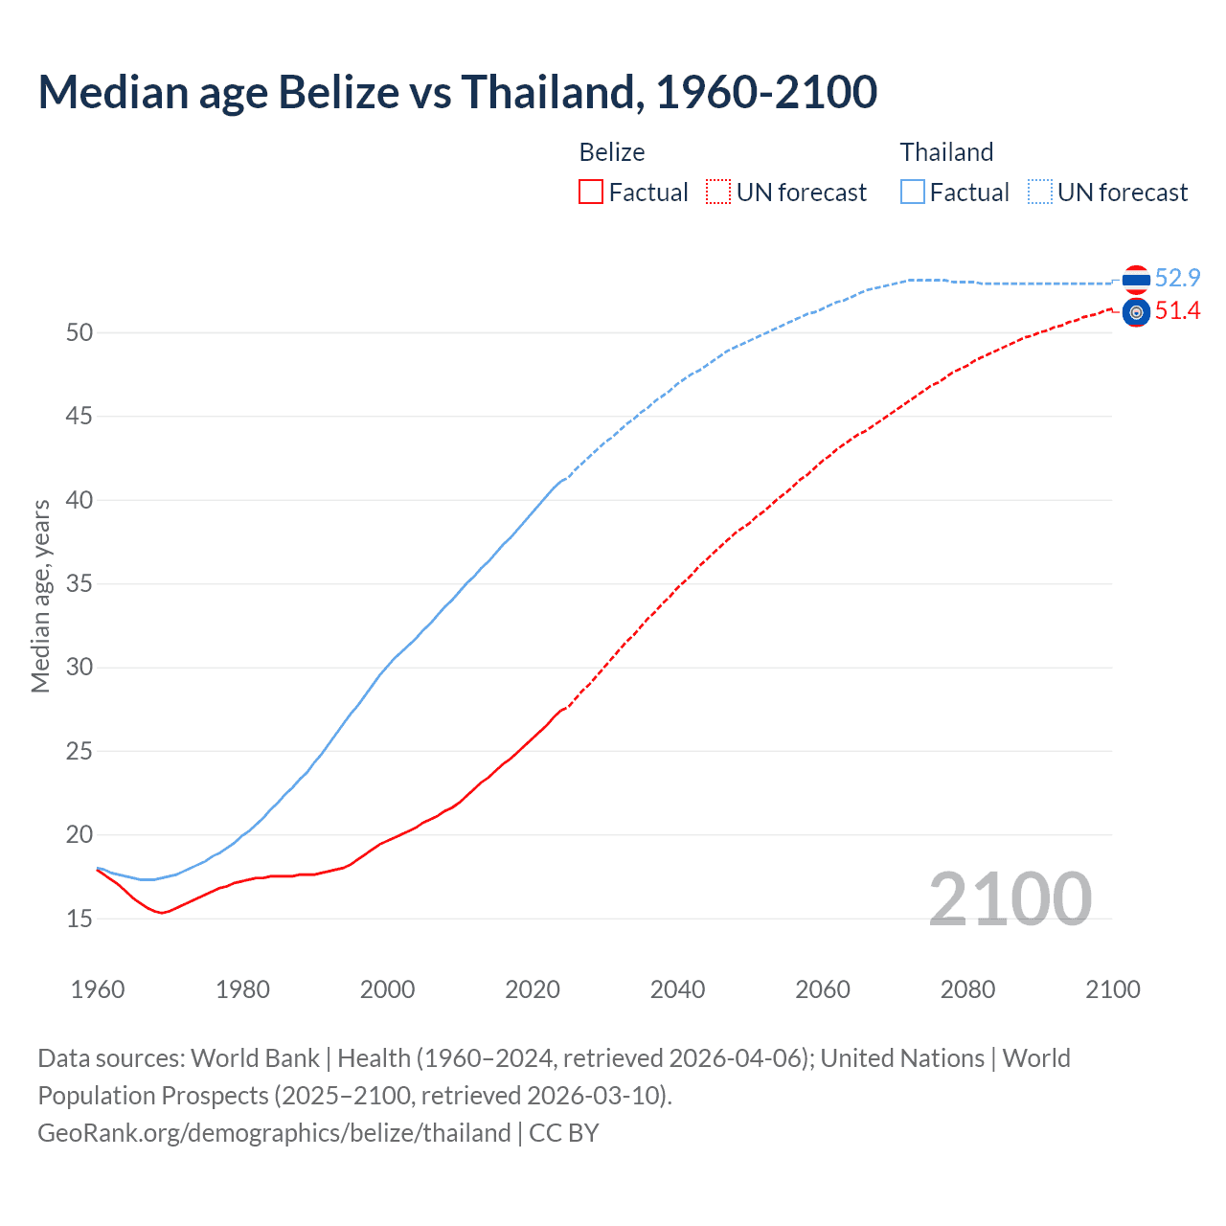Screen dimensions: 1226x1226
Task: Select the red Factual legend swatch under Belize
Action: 591,193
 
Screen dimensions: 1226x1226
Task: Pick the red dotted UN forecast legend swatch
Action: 718,193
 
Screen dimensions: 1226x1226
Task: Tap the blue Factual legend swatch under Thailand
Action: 913,193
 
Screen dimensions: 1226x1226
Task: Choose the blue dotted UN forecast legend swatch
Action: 1040,193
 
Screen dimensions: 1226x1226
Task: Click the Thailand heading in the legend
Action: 946,152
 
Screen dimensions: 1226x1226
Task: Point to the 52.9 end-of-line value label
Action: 1177,279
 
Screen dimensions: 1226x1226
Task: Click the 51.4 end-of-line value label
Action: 1177,311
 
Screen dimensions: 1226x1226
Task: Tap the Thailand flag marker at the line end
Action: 1136,280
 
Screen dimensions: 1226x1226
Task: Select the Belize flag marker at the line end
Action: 1136,312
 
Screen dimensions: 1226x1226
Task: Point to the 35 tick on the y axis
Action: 79,583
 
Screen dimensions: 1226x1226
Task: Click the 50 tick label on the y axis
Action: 79,332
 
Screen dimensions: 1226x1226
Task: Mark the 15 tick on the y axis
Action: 79,919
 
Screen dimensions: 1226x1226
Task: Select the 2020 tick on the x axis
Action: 533,989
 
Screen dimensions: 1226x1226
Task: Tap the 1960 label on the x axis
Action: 98,989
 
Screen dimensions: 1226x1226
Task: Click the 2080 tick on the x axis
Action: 967,989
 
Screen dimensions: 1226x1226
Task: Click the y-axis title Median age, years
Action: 40,596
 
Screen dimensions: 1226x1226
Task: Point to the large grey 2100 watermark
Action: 1010,898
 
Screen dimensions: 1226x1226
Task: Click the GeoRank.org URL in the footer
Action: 274,1133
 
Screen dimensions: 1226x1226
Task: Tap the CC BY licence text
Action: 564,1133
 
